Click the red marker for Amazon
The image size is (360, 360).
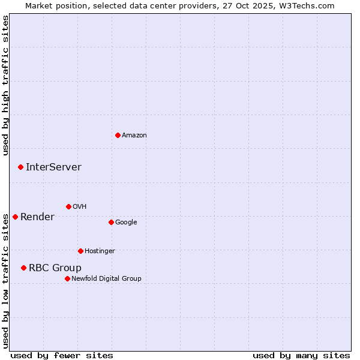click(x=118, y=135)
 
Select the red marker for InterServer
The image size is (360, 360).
click(x=20, y=167)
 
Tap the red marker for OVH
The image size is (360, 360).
click(x=68, y=206)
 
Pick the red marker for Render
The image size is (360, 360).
click(x=15, y=217)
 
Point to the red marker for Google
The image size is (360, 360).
click(x=111, y=222)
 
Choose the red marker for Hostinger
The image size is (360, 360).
click(x=80, y=251)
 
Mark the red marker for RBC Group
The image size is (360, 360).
click(x=23, y=268)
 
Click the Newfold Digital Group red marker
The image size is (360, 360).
click(x=67, y=278)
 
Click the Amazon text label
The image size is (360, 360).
click(x=134, y=136)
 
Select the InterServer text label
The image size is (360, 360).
click(x=53, y=167)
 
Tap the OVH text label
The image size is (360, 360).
click(x=80, y=207)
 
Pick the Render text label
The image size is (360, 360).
click(x=37, y=217)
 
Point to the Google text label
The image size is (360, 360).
click(x=126, y=223)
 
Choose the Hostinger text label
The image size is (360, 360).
click(x=100, y=251)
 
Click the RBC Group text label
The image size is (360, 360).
click(x=55, y=268)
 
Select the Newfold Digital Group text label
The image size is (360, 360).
click(x=106, y=279)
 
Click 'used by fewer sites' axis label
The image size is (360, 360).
click(x=62, y=356)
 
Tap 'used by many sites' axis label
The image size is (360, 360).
click(x=301, y=356)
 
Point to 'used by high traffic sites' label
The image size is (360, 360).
click(x=5, y=85)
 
